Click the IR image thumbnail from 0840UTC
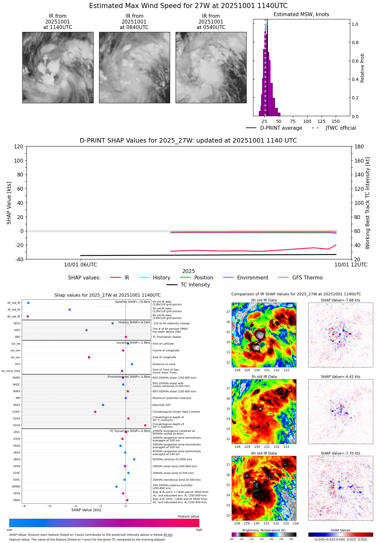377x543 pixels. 134,67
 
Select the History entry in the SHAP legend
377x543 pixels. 161,277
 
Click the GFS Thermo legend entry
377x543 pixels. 307,277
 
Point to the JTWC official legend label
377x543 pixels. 341,128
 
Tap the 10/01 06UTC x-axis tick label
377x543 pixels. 80,265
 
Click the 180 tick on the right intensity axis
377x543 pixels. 359,146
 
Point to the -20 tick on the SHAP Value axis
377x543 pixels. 19,245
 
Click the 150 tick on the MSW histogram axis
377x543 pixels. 336,121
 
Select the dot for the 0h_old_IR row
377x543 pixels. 28,303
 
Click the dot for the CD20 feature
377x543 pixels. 145,425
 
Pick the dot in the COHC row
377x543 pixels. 95,412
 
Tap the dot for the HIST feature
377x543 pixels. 87,330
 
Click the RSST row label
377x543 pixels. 16,405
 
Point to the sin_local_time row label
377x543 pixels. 11,371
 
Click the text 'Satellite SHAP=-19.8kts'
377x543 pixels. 132,302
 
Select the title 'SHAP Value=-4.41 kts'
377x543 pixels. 341,377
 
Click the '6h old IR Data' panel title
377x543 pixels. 264,453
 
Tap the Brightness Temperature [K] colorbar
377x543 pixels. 264,535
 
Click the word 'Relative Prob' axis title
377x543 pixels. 362,68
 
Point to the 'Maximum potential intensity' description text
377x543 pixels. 172,398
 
